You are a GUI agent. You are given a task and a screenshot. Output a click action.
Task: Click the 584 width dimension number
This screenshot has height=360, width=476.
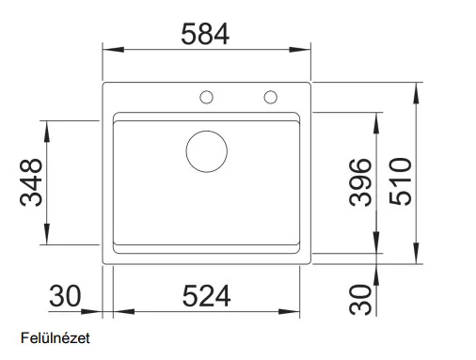(205, 34)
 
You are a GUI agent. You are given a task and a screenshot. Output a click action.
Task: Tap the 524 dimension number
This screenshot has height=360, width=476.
(206, 296)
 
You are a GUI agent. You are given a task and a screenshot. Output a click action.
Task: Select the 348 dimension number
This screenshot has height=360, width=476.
(31, 182)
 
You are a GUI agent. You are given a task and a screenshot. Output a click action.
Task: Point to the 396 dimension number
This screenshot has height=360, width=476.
(360, 182)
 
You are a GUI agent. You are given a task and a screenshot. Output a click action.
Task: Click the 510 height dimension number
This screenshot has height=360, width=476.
(400, 181)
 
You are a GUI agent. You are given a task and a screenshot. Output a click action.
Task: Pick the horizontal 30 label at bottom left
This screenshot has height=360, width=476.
(65, 296)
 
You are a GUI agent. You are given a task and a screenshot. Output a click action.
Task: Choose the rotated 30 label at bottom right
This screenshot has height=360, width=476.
(360, 300)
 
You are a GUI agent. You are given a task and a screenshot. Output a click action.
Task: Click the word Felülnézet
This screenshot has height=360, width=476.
(56, 338)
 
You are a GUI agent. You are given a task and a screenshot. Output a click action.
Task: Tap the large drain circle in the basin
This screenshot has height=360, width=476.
(207, 151)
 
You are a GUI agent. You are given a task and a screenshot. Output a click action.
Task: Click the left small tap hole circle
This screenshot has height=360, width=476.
(206, 97)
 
